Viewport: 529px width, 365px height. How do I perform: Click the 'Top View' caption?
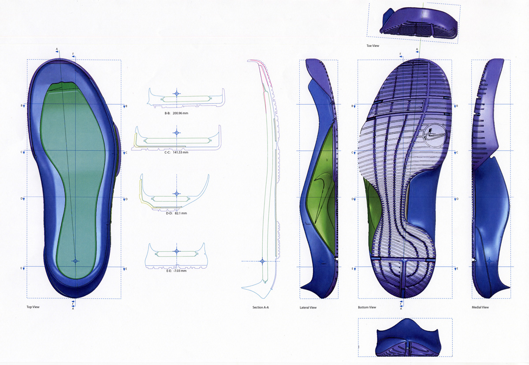pos(33,307)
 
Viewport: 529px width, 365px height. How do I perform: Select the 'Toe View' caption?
pos(373,46)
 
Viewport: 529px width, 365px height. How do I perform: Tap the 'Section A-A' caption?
pos(261,307)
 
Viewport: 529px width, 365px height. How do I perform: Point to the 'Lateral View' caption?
pos(308,308)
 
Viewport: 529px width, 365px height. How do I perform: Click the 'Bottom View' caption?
pos(367,307)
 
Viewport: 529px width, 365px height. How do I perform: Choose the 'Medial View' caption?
pos(480,307)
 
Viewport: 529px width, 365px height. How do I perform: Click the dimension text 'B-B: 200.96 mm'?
pos(176,113)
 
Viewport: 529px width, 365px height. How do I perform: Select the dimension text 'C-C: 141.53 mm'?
pos(176,152)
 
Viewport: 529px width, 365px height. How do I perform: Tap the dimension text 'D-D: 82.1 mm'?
pos(176,213)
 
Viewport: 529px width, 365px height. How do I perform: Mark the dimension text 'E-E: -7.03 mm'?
pos(176,271)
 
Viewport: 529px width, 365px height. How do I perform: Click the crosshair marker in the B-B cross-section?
pos(176,94)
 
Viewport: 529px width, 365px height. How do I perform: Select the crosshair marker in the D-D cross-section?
pos(176,194)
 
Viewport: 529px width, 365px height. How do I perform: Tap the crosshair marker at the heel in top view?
pos(75,261)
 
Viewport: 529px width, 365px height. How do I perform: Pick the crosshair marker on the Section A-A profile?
pos(262,261)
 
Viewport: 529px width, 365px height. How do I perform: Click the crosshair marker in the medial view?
pos(489,261)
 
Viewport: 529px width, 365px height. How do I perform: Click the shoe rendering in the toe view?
pos(419,24)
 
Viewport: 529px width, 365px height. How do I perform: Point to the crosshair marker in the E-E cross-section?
pos(177,251)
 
